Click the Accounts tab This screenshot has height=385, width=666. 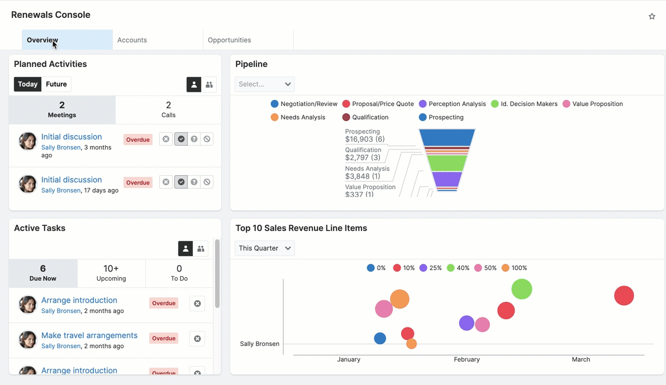[x=132, y=40]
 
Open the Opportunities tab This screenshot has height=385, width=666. [x=229, y=40]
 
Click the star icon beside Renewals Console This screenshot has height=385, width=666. [x=651, y=17]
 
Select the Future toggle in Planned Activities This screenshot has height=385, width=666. [x=56, y=84]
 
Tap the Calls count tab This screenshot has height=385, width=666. [x=168, y=109]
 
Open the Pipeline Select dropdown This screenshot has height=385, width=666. [x=265, y=84]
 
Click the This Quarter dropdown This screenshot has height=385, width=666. [x=265, y=248]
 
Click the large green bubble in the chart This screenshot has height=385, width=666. [x=521, y=289]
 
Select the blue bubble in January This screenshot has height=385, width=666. [x=380, y=338]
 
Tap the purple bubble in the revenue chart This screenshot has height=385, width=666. [x=467, y=323]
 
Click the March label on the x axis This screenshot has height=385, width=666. [x=581, y=359]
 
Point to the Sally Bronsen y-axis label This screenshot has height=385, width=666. [x=259, y=344]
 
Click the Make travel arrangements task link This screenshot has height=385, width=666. [x=89, y=335]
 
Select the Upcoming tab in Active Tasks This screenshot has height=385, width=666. [x=111, y=273]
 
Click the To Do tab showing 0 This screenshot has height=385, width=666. [x=179, y=273]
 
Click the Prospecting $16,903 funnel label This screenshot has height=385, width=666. [x=364, y=136]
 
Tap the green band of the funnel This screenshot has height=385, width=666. [x=446, y=163]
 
